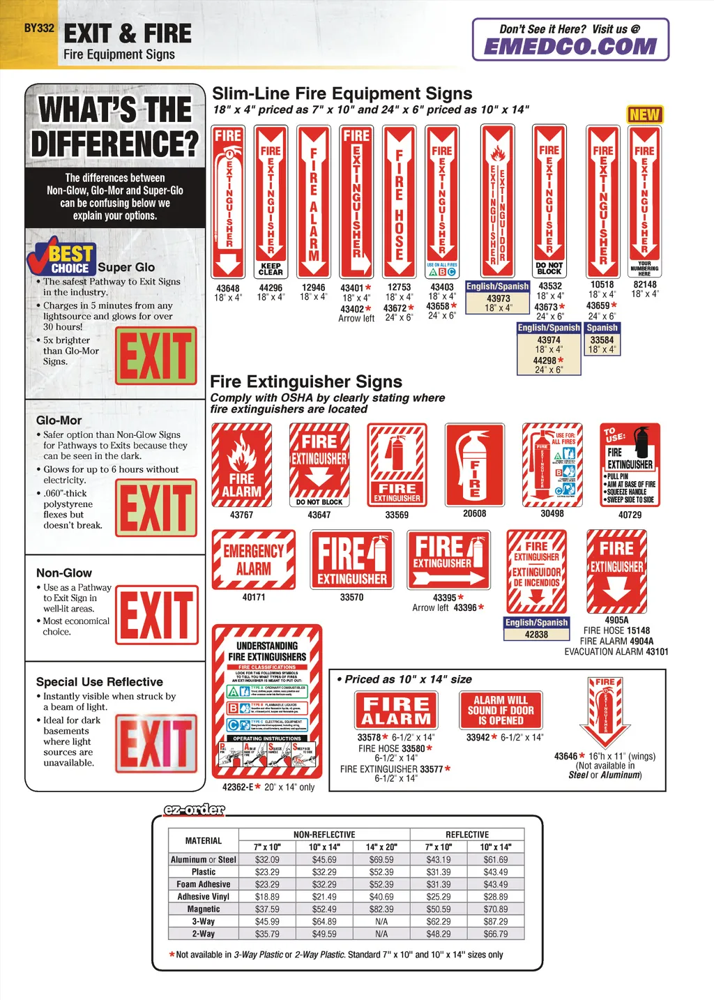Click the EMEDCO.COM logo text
570,46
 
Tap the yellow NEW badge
645,114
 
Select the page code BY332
39,29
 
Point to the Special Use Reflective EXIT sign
157,743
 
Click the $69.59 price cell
381,860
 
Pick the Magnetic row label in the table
204,909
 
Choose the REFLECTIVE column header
467,835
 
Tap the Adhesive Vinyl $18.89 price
267,897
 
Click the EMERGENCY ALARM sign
254,559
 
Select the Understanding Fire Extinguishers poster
267,701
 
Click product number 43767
241,515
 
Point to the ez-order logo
194,810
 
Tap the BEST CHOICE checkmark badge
61,257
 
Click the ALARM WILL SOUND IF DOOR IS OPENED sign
501,710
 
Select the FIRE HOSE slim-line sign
399,202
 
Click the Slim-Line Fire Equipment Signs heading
342,93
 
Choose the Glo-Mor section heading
59,421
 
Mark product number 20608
474,513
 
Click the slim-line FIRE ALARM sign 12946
314,202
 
